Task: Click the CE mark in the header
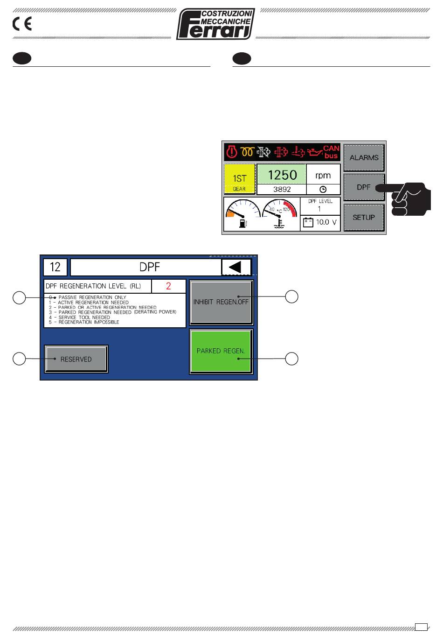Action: point(22,24)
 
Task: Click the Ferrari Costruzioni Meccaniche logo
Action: point(215,24)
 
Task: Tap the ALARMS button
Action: point(364,158)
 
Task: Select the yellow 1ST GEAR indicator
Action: point(239,179)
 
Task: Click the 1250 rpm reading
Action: point(282,175)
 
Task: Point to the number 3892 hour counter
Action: point(282,190)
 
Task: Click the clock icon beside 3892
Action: point(323,190)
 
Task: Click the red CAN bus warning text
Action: point(331,152)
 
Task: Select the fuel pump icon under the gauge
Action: point(242,223)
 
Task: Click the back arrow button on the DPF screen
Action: point(236,268)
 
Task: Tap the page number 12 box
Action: point(55,268)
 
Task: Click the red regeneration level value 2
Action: point(168,286)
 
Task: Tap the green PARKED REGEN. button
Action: point(221,351)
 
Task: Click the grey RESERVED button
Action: point(76,359)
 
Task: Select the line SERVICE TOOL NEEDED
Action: point(84,317)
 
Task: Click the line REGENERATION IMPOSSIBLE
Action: point(89,322)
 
